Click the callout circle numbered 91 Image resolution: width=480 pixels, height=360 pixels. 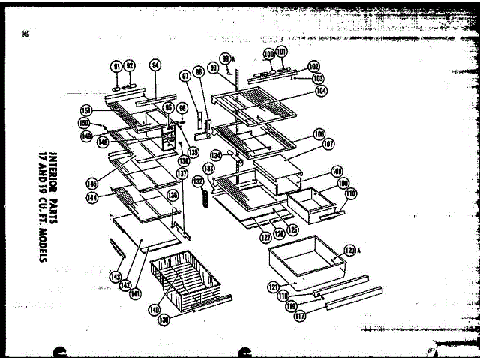click(x=116, y=66)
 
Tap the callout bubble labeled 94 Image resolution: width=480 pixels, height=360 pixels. click(x=155, y=65)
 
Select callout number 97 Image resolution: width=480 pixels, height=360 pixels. click(x=184, y=76)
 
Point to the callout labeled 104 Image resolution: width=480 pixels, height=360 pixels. click(x=321, y=91)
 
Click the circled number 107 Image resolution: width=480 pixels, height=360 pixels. click(x=328, y=143)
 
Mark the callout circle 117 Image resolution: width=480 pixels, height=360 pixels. click(x=300, y=316)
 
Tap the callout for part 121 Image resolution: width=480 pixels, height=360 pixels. click(x=273, y=286)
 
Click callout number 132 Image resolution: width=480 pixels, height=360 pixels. click(x=198, y=181)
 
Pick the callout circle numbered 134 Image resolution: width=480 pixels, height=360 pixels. click(x=216, y=155)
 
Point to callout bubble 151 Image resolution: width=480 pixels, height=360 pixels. click(x=86, y=110)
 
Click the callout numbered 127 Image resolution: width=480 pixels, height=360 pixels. click(x=265, y=238)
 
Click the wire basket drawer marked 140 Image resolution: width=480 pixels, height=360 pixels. click(x=187, y=281)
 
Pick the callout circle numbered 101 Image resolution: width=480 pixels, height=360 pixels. click(x=281, y=52)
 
